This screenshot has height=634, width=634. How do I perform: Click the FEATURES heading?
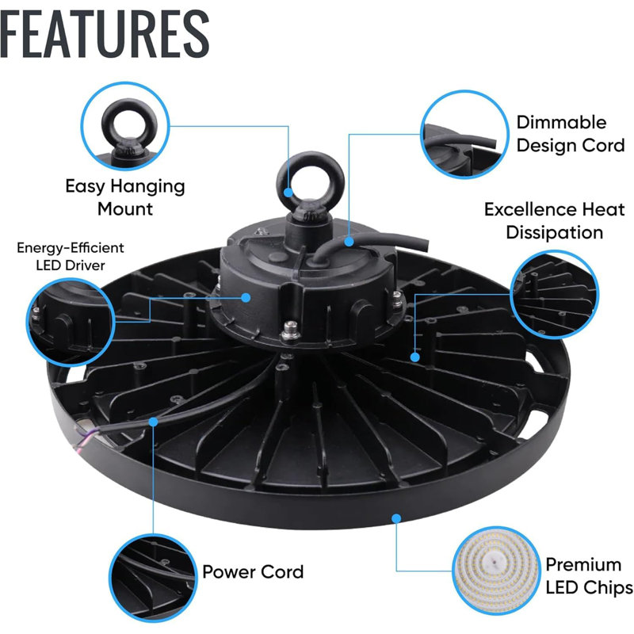pyautogui.click(x=105, y=34)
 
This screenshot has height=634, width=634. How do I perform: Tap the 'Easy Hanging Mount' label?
pyautogui.click(x=125, y=197)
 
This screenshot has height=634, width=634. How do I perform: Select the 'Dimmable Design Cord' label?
pyautogui.click(x=571, y=134)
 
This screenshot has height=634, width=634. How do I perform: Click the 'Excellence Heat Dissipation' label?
pyautogui.click(x=554, y=221)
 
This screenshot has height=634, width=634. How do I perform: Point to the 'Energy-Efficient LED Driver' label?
pyautogui.click(x=71, y=256)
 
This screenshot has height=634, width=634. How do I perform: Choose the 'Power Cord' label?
pyautogui.click(x=253, y=571)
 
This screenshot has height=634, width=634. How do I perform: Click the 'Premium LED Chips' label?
pyautogui.click(x=590, y=576)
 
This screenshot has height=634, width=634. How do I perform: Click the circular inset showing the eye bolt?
pyautogui.click(x=125, y=126)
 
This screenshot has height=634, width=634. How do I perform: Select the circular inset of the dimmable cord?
pyautogui.click(x=464, y=134)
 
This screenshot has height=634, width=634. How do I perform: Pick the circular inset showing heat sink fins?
pyautogui.click(x=554, y=294)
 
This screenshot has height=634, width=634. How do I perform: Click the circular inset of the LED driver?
pyautogui.click(x=71, y=323)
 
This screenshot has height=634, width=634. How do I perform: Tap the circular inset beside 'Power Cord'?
pyautogui.click(x=153, y=579)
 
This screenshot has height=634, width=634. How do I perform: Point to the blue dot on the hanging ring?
pyautogui.click(x=288, y=192)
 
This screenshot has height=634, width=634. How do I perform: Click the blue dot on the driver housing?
pyautogui.click(x=246, y=298)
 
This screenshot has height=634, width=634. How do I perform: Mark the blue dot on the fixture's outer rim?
pyautogui.click(x=396, y=518)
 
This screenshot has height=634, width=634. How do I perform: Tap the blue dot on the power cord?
pyautogui.click(x=153, y=422)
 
